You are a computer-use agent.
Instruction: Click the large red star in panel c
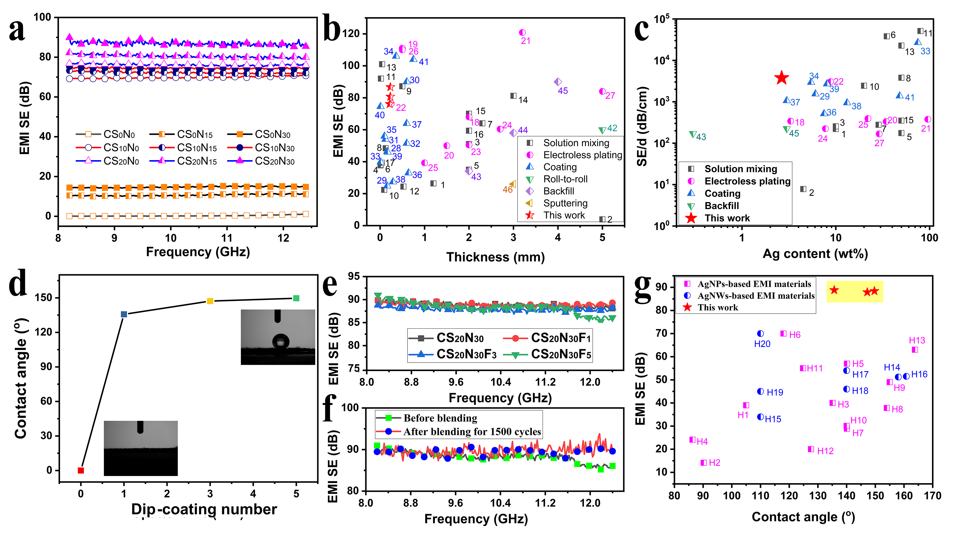tap(781, 78)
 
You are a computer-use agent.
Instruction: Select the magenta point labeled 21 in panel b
tap(522, 33)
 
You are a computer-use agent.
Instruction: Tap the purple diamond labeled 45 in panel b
tap(558, 82)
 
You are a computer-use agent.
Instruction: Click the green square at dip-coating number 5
tap(296, 298)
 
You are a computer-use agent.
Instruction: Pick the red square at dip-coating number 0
tap(81, 470)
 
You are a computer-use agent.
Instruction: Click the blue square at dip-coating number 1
tap(124, 314)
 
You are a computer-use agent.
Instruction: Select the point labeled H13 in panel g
tap(915, 350)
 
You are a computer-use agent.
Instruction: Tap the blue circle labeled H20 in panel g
tap(760, 334)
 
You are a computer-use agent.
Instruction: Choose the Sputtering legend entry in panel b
tap(565, 203)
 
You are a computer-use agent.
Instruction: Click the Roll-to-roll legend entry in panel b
tap(565, 179)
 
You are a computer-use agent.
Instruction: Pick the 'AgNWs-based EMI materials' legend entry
tap(756, 296)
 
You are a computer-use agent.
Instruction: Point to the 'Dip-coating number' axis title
tap(204, 509)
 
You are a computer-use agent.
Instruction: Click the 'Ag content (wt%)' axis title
tap(815, 254)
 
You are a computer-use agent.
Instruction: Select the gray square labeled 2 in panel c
tap(803, 189)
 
